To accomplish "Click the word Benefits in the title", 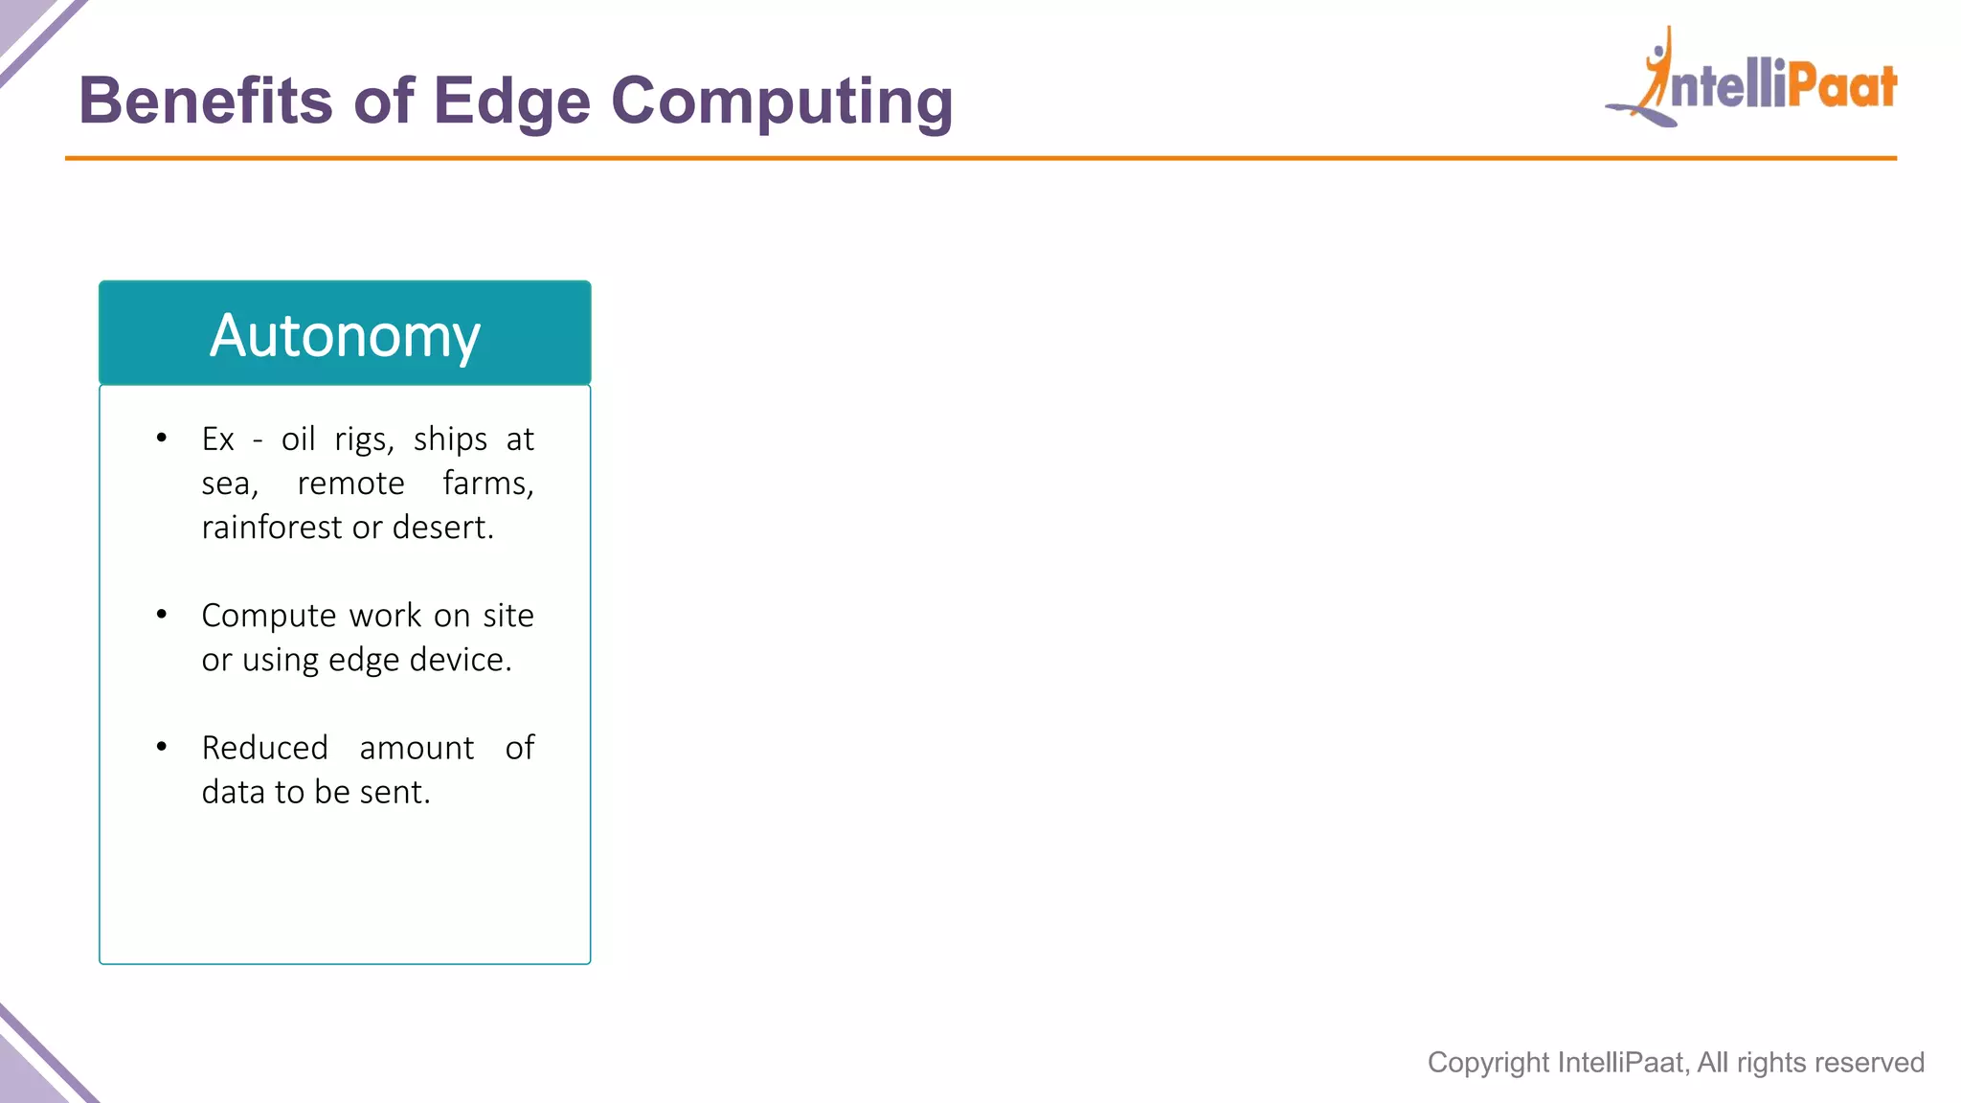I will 206,101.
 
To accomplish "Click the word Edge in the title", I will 511,101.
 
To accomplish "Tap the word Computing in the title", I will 781,101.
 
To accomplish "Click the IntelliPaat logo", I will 1752,81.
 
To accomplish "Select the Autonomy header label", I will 345,335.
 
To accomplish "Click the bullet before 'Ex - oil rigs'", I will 162,439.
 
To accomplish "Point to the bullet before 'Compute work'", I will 162,615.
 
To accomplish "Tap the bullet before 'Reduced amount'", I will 162,747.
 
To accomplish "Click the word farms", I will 486,484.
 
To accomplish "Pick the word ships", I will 450,439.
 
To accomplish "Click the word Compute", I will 268,616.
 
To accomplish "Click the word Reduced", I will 264,748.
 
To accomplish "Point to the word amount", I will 417,748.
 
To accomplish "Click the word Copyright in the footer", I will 1488,1063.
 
